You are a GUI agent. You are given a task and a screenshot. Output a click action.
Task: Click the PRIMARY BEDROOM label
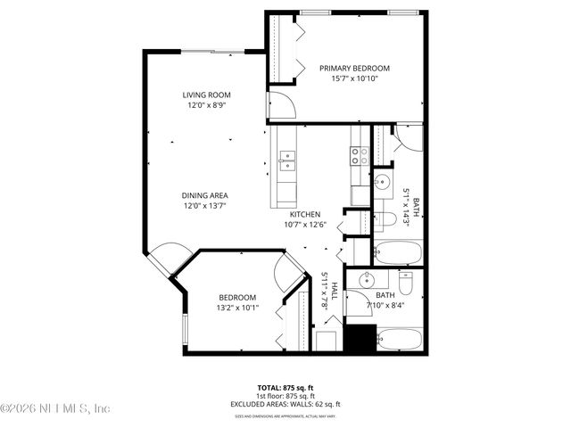355,68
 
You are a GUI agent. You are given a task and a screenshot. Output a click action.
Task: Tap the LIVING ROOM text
207,95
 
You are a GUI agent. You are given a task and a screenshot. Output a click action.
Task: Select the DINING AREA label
206,195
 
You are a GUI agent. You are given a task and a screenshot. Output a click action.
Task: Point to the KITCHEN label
304,215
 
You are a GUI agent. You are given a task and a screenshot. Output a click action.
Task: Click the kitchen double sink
287,160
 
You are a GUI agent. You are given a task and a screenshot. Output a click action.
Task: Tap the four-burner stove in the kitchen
359,157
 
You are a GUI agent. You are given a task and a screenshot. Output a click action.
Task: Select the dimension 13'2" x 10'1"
237,309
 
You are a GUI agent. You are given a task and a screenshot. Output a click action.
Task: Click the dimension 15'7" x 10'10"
355,78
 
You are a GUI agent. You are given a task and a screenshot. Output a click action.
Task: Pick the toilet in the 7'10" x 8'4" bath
405,284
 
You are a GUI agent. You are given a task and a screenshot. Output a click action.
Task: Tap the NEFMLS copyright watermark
55,408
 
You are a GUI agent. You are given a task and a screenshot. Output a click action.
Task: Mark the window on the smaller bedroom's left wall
185,329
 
